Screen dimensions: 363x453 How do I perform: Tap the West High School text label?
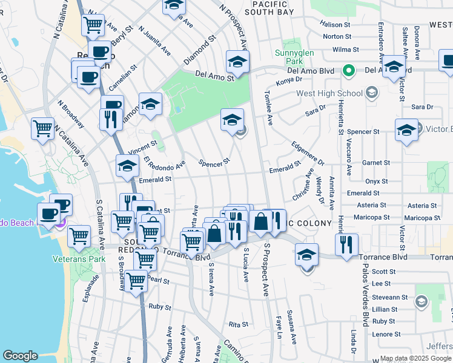coord(329,94)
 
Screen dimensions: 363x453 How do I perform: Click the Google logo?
coord(20,356)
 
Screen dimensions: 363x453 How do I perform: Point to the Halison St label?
coord(336,25)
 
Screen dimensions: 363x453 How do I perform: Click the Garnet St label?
coord(376,163)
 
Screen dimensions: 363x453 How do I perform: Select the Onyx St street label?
coord(376,181)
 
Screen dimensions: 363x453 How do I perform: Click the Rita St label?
coord(235,324)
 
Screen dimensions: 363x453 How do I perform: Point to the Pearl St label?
coord(157,281)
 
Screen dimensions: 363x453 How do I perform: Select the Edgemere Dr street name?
coord(308,153)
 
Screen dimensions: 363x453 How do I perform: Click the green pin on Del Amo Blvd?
coord(348,71)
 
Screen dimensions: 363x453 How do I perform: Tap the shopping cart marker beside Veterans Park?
coord(79,237)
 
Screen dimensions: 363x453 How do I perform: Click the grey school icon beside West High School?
coord(371,94)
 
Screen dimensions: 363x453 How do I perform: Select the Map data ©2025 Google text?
coord(415,358)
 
